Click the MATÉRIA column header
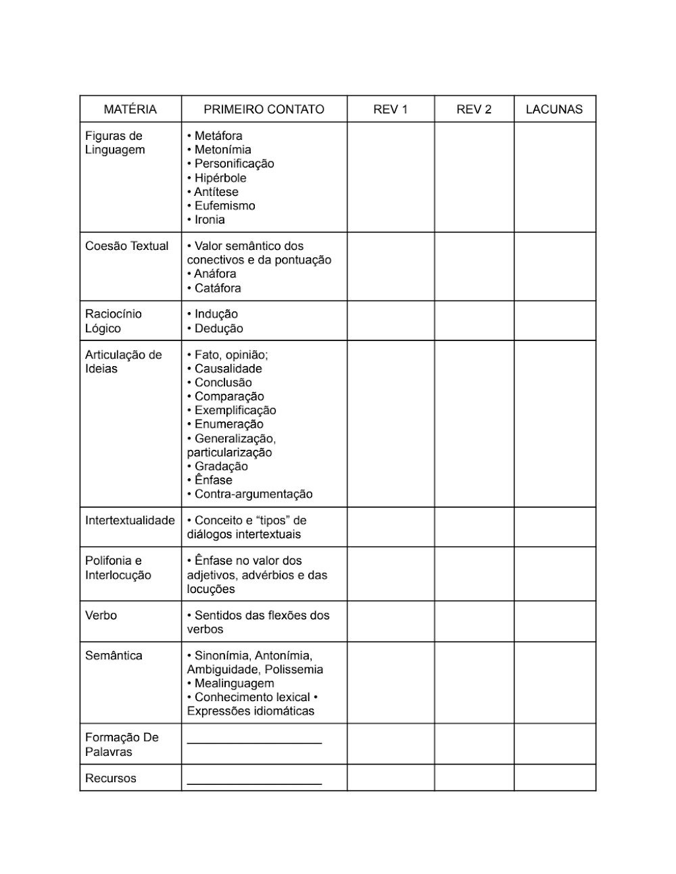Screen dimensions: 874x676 coord(130,109)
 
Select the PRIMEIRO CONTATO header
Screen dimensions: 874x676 coord(264,109)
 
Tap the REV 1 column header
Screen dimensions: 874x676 coord(390,109)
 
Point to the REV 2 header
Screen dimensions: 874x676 coord(474,109)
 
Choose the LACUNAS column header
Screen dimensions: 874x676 coord(554,109)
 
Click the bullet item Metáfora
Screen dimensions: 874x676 coord(218,136)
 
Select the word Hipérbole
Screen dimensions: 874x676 coord(220,178)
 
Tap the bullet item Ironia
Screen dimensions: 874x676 coord(210,220)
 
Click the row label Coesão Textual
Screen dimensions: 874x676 coord(126,246)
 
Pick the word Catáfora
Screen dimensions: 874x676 coord(218,288)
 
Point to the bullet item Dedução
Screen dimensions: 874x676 coord(218,329)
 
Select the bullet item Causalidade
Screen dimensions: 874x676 coord(228,369)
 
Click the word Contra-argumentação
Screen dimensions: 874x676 coord(254,494)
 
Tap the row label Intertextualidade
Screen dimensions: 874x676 coord(130,521)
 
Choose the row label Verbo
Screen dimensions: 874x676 coord(101,615)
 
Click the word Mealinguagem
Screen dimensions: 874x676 coord(234,684)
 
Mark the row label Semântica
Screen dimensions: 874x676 coord(114,656)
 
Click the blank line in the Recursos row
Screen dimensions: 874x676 coord(254,783)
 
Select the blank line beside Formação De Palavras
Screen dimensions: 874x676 coord(254,742)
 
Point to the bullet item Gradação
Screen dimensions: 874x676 coord(221,467)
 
